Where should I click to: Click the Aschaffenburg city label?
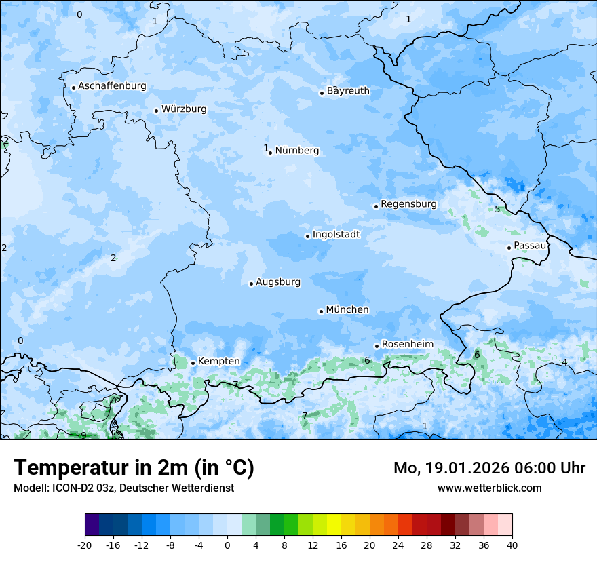pyautogui.click(x=112, y=86)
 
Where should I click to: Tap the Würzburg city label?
pyautogui.click(x=184, y=109)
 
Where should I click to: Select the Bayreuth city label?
pyautogui.click(x=348, y=91)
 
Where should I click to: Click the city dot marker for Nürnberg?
pyautogui.click(x=270, y=153)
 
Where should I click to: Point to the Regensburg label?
pyautogui.click(x=408, y=204)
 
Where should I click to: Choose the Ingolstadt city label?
pyautogui.click(x=336, y=235)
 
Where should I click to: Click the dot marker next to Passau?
pyautogui.click(x=509, y=248)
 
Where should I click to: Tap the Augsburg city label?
pyautogui.click(x=277, y=282)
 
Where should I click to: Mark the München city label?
pyautogui.click(x=347, y=310)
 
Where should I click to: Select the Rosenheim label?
pyautogui.click(x=407, y=345)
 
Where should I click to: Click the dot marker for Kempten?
pyautogui.click(x=193, y=363)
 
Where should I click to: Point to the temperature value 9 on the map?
pyautogui.click(x=83, y=435)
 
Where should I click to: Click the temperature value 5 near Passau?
pyautogui.click(x=497, y=209)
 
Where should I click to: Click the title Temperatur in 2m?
pyautogui.click(x=134, y=468)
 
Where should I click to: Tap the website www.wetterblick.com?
pyautogui.click(x=489, y=488)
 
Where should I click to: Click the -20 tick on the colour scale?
pyautogui.click(x=85, y=545)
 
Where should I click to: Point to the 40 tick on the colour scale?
pyautogui.click(x=512, y=545)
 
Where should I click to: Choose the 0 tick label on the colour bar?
pyautogui.click(x=227, y=545)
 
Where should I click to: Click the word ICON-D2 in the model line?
pyautogui.click(x=67, y=488)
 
